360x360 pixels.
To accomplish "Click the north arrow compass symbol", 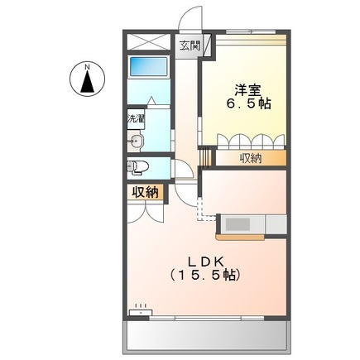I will tap(87, 81).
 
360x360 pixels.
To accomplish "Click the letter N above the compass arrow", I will tap(87, 65).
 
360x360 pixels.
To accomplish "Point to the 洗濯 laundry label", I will tap(135, 118).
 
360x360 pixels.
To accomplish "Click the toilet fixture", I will tap(139, 168).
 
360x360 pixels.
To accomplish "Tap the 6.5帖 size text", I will tap(247, 106).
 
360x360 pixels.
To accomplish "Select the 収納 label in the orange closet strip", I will tap(251, 157).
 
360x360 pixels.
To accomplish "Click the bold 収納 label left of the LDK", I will tap(144, 193).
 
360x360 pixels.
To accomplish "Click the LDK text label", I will tap(206, 257).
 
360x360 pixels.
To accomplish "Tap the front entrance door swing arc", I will tap(191, 17).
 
